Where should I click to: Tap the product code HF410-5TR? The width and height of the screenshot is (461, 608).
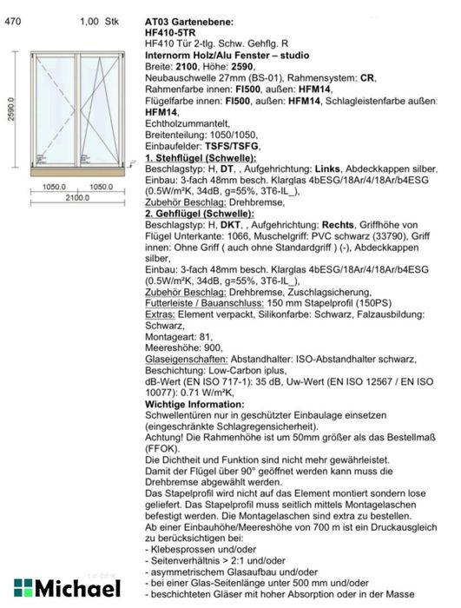[x=174, y=30]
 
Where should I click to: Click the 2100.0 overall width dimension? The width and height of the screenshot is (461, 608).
[x=77, y=197]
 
